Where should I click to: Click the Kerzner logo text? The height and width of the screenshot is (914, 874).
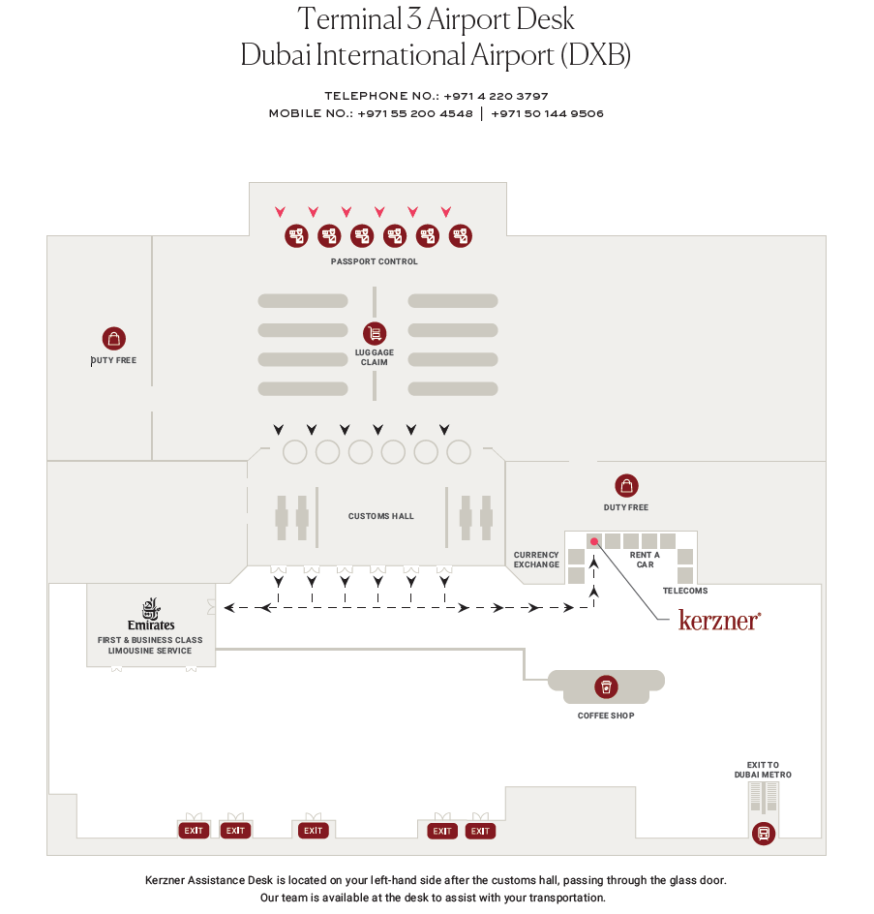719,621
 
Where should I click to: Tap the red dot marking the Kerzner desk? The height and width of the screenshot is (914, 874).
594,542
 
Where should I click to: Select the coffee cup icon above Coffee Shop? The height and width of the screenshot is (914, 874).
606,687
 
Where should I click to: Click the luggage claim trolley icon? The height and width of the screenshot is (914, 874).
375,333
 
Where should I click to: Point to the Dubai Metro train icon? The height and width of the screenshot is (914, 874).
764,833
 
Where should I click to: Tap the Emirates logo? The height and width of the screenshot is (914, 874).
151,615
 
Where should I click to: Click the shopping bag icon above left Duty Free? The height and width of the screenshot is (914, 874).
114,339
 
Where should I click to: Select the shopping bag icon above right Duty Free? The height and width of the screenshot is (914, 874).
627,486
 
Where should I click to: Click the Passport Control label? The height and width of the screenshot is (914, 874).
375,261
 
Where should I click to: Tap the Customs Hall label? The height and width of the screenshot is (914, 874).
381,516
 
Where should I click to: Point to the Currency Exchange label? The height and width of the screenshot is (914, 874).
536,560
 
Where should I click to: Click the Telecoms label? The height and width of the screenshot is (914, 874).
685,591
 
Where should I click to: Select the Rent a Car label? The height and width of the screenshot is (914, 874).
645,560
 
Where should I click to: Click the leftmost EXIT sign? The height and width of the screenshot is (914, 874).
194,831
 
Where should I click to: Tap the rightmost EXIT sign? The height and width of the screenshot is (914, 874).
480,831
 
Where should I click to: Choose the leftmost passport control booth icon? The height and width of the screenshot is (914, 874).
296,235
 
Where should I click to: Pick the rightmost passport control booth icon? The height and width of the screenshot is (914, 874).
460,235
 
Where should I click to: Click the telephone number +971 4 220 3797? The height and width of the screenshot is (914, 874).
496,96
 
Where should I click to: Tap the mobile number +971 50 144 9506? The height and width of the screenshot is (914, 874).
547,113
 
